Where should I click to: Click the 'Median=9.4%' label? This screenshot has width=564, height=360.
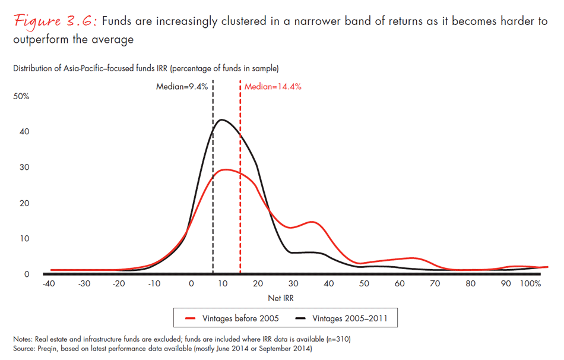click(182, 86)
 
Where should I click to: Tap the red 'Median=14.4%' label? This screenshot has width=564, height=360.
click(273, 86)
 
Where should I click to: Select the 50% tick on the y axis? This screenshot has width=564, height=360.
click(21, 96)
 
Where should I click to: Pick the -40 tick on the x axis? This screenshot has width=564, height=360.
click(50, 283)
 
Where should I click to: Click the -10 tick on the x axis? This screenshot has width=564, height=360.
click(154, 283)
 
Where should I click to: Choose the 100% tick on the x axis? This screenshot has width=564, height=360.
click(530, 283)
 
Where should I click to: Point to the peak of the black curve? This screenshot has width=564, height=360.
click(222, 120)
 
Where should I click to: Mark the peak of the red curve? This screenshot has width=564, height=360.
click(227, 170)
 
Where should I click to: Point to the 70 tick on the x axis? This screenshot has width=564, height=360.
click(436, 283)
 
